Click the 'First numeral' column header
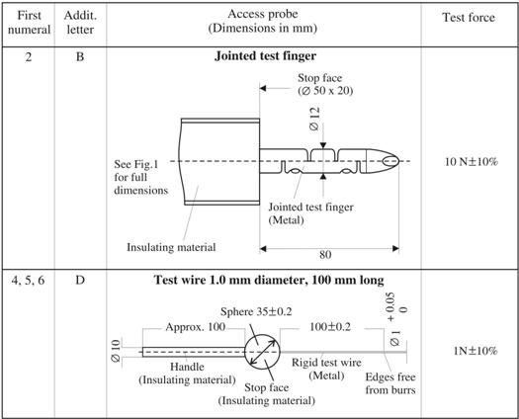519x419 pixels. [x=29, y=23]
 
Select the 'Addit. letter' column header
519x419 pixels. [x=80, y=23]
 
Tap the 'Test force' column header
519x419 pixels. [x=469, y=18]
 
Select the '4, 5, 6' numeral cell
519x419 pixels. [x=28, y=281]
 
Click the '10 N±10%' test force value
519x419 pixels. [x=471, y=161]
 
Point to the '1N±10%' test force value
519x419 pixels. [x=476, y=351]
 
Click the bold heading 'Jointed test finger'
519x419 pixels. [x=265, y=56]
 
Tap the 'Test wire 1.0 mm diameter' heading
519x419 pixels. [x=269, y=280]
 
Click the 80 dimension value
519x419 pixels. [x=325, y=255]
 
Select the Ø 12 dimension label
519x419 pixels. [x=314, y=119]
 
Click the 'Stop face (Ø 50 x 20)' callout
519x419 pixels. [x=325, y=84]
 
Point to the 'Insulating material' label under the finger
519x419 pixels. [x=171, y=247]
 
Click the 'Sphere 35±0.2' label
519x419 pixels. [x=256, y=311]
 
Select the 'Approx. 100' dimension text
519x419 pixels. [x=196, y=327]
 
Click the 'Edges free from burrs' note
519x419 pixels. [x=390, y=383]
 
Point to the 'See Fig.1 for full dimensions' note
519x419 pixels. [x=141, y=177]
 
